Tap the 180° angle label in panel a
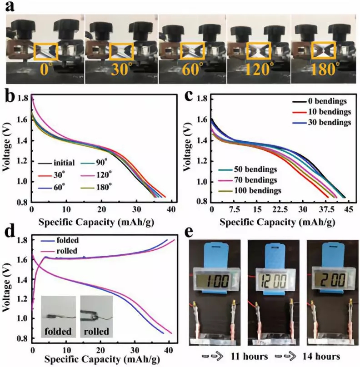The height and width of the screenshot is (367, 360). tap(324, 69)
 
